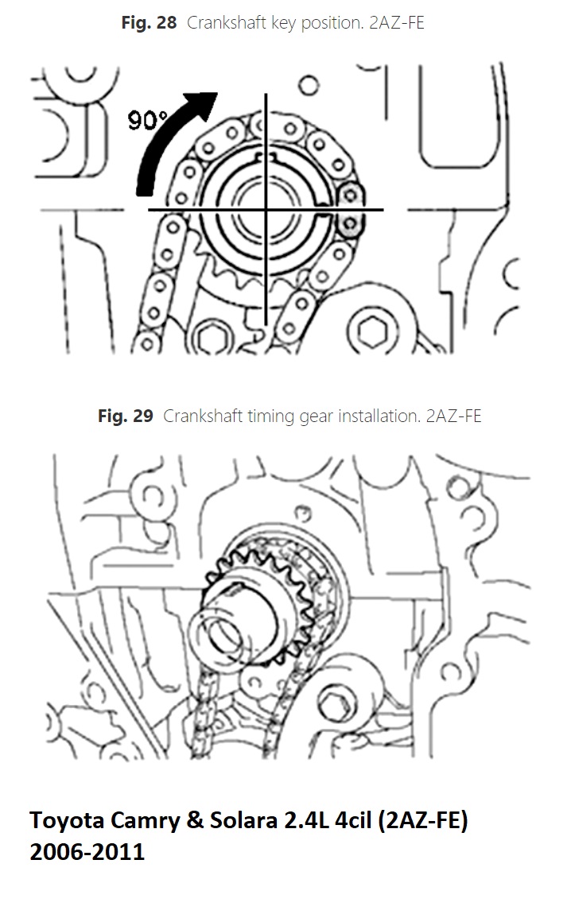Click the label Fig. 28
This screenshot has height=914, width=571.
click(149, 23)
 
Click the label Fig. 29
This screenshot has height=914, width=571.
click(126, 416)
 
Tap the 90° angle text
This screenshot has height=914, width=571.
click(148, 120)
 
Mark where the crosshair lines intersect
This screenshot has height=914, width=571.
click(266, 210)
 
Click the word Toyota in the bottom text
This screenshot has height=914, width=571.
click(67, 821)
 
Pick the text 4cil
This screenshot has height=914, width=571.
click(354, 821)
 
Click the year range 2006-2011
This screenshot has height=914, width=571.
click(87, 852)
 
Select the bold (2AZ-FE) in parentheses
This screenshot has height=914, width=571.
click(423, 821)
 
